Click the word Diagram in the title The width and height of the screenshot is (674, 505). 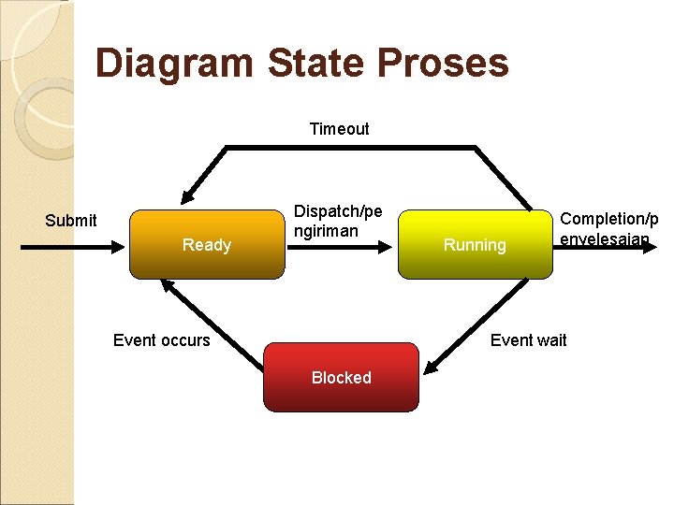pos(174,64)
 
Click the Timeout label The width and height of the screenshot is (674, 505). pos(339,129)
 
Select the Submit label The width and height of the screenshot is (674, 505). pos(71,221)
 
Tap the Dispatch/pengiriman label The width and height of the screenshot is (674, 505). pos(338,221)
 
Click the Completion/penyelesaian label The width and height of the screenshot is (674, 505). pos(608,229)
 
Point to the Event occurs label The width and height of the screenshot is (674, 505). pos(161,339)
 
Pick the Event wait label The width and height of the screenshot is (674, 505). pos(528,339)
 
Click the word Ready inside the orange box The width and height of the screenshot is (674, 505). pos(206,245)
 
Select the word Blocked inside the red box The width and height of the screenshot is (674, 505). pos(341,378)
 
